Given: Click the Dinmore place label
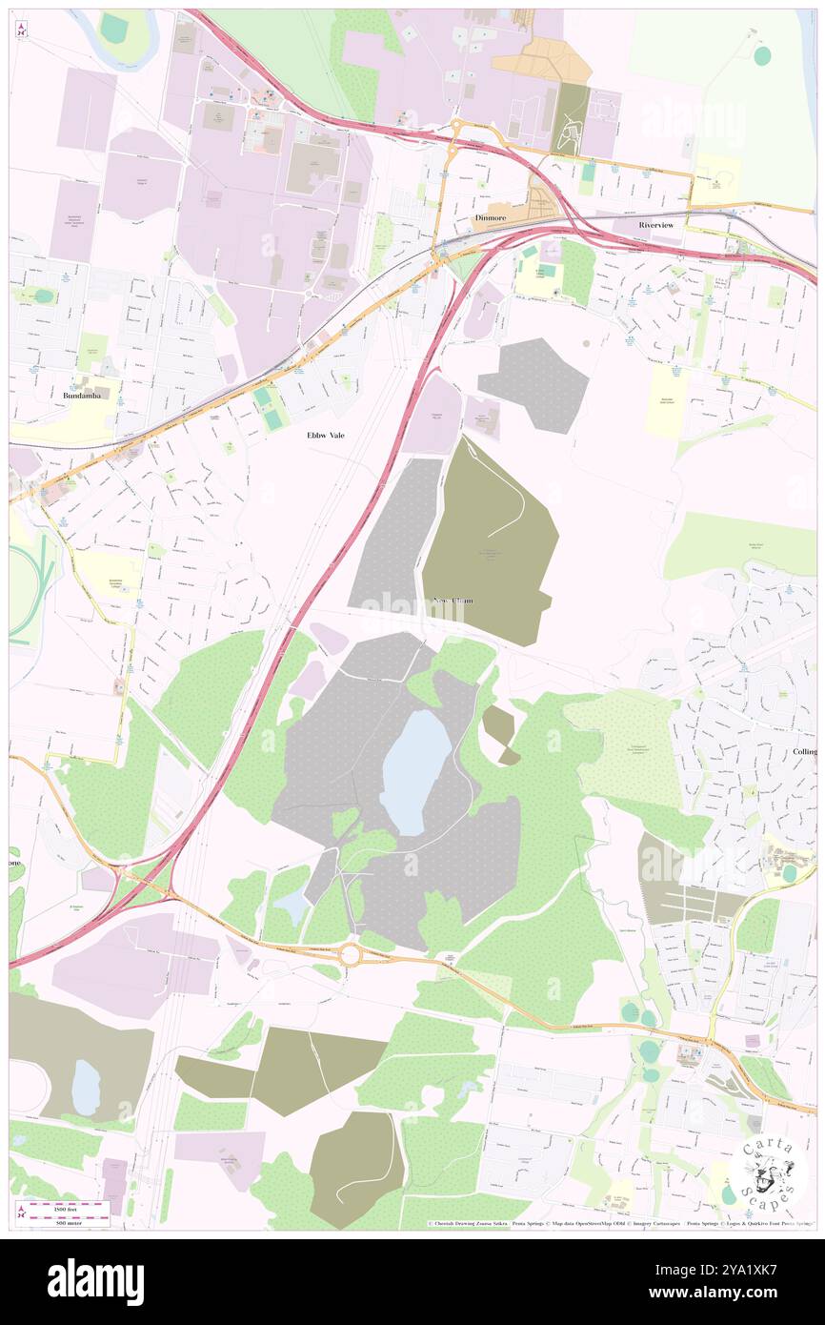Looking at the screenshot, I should point(490,218).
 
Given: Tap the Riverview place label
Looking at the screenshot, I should point(656,225).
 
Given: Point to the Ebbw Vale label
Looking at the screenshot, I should point(326,435).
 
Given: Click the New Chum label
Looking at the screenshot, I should point(453,601).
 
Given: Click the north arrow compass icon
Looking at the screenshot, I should point(21,30).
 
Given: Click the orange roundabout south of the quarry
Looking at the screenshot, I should point(351,953).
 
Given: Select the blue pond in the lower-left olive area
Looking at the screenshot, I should point(85,1088).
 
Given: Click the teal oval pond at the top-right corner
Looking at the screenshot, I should point(761,55).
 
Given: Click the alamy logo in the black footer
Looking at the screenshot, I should point(95,1282).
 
